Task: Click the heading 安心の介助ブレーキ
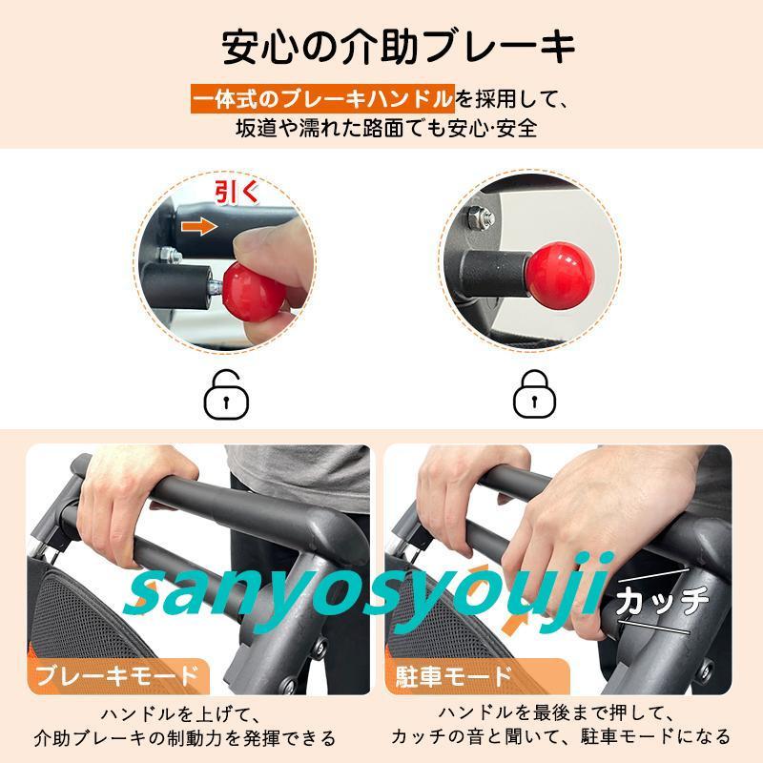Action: [x=399, y=47]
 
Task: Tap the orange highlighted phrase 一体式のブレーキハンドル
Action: [x=322, y=99]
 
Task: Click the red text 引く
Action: [x=237, y=193]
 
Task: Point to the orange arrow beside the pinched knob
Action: [x=199, y=227]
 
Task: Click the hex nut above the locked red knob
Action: [x=481, y=217]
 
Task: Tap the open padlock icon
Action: [x=226, y=395]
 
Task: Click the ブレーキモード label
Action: [x=117, y=676]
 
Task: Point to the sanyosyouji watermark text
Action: [x=368, y=592]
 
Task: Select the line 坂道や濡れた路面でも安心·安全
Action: [x=387, y=129]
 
